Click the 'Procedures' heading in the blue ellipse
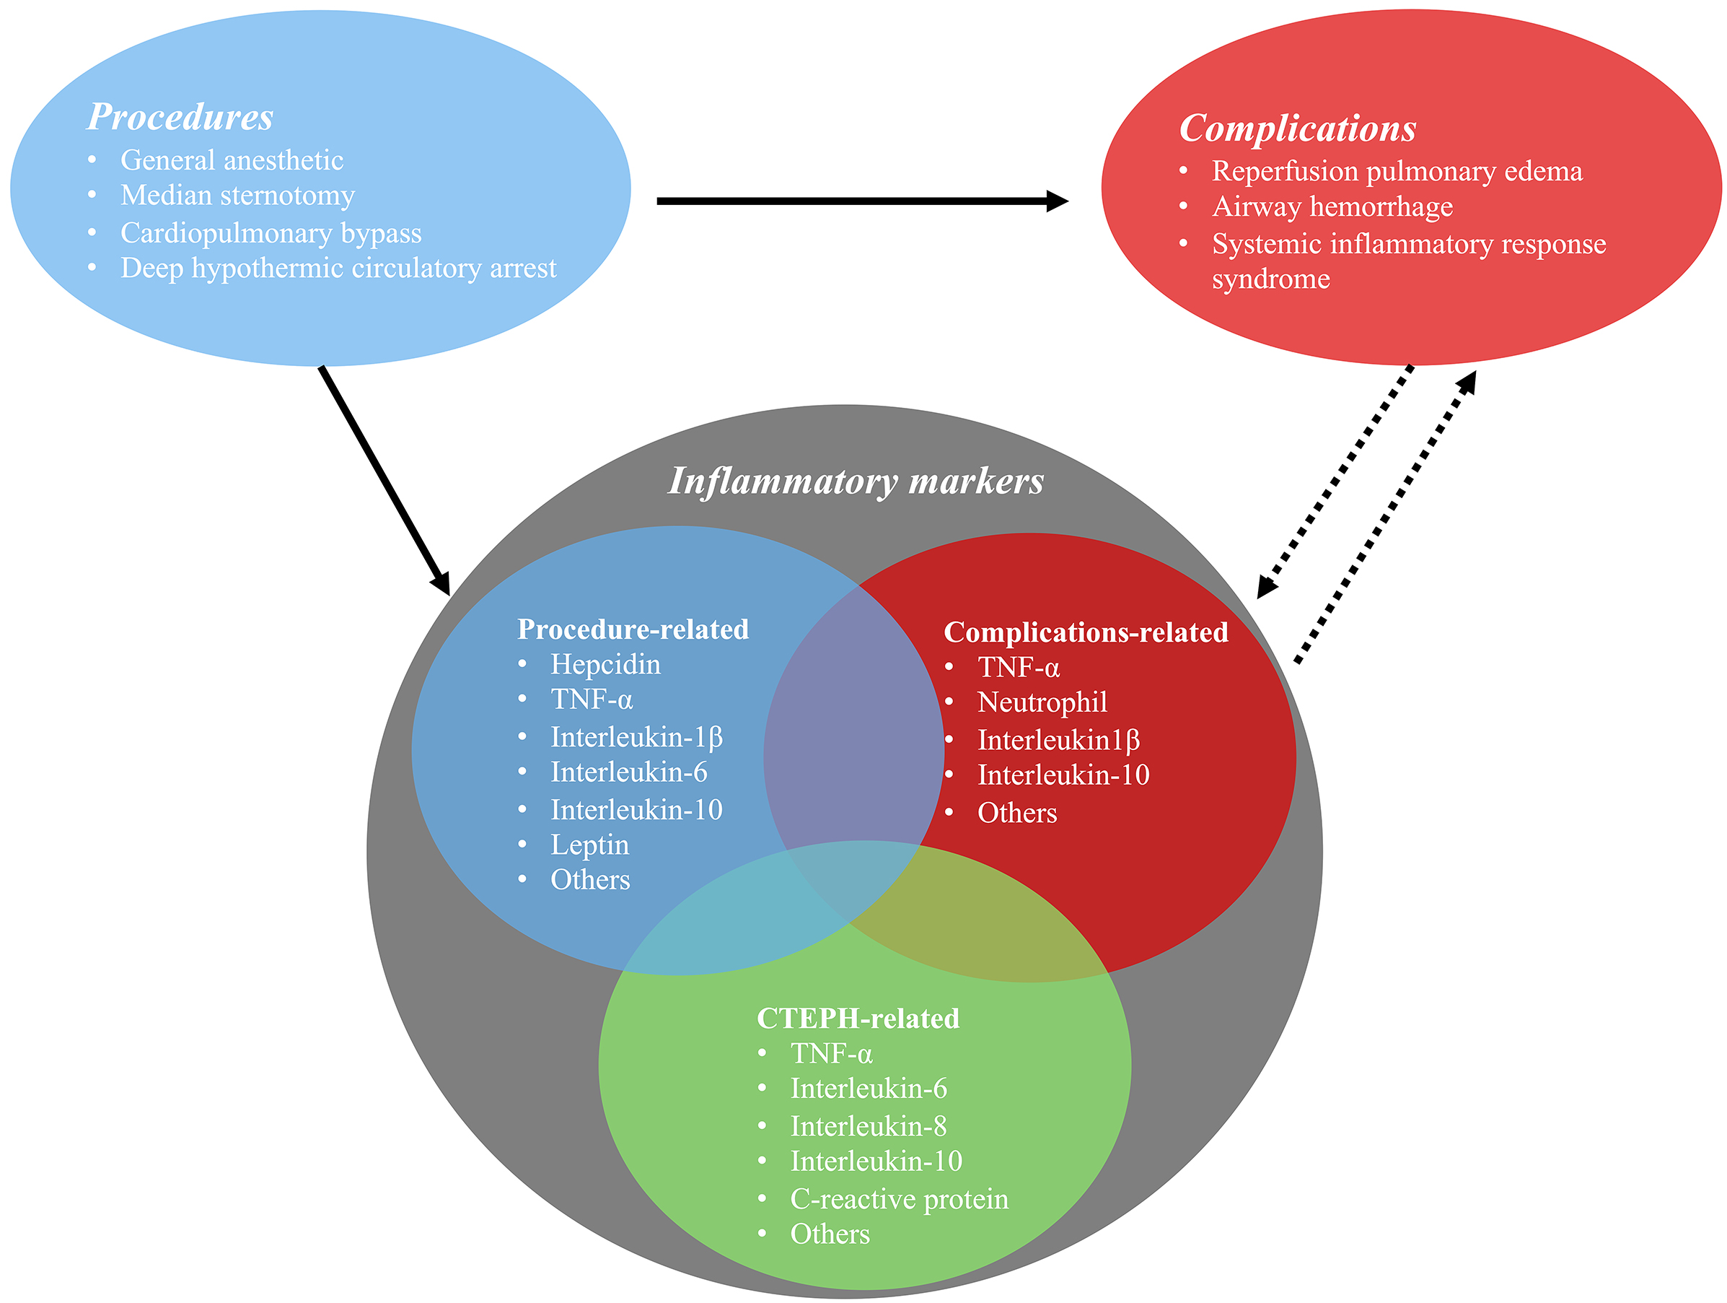180,117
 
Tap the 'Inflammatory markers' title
856,481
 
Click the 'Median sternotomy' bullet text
237,196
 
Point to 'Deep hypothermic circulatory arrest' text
338,268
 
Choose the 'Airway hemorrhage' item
1332,207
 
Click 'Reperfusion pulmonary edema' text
1397,171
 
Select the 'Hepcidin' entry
605,665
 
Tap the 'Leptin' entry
589,845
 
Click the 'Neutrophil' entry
1042,702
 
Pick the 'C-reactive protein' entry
899,1199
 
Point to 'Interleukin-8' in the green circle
868,1126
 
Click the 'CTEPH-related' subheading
858,1019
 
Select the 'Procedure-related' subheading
633,629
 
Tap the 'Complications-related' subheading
1085,633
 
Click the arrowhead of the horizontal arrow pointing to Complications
1057,201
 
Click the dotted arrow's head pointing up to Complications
1467,381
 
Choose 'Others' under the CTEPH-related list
829,1234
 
